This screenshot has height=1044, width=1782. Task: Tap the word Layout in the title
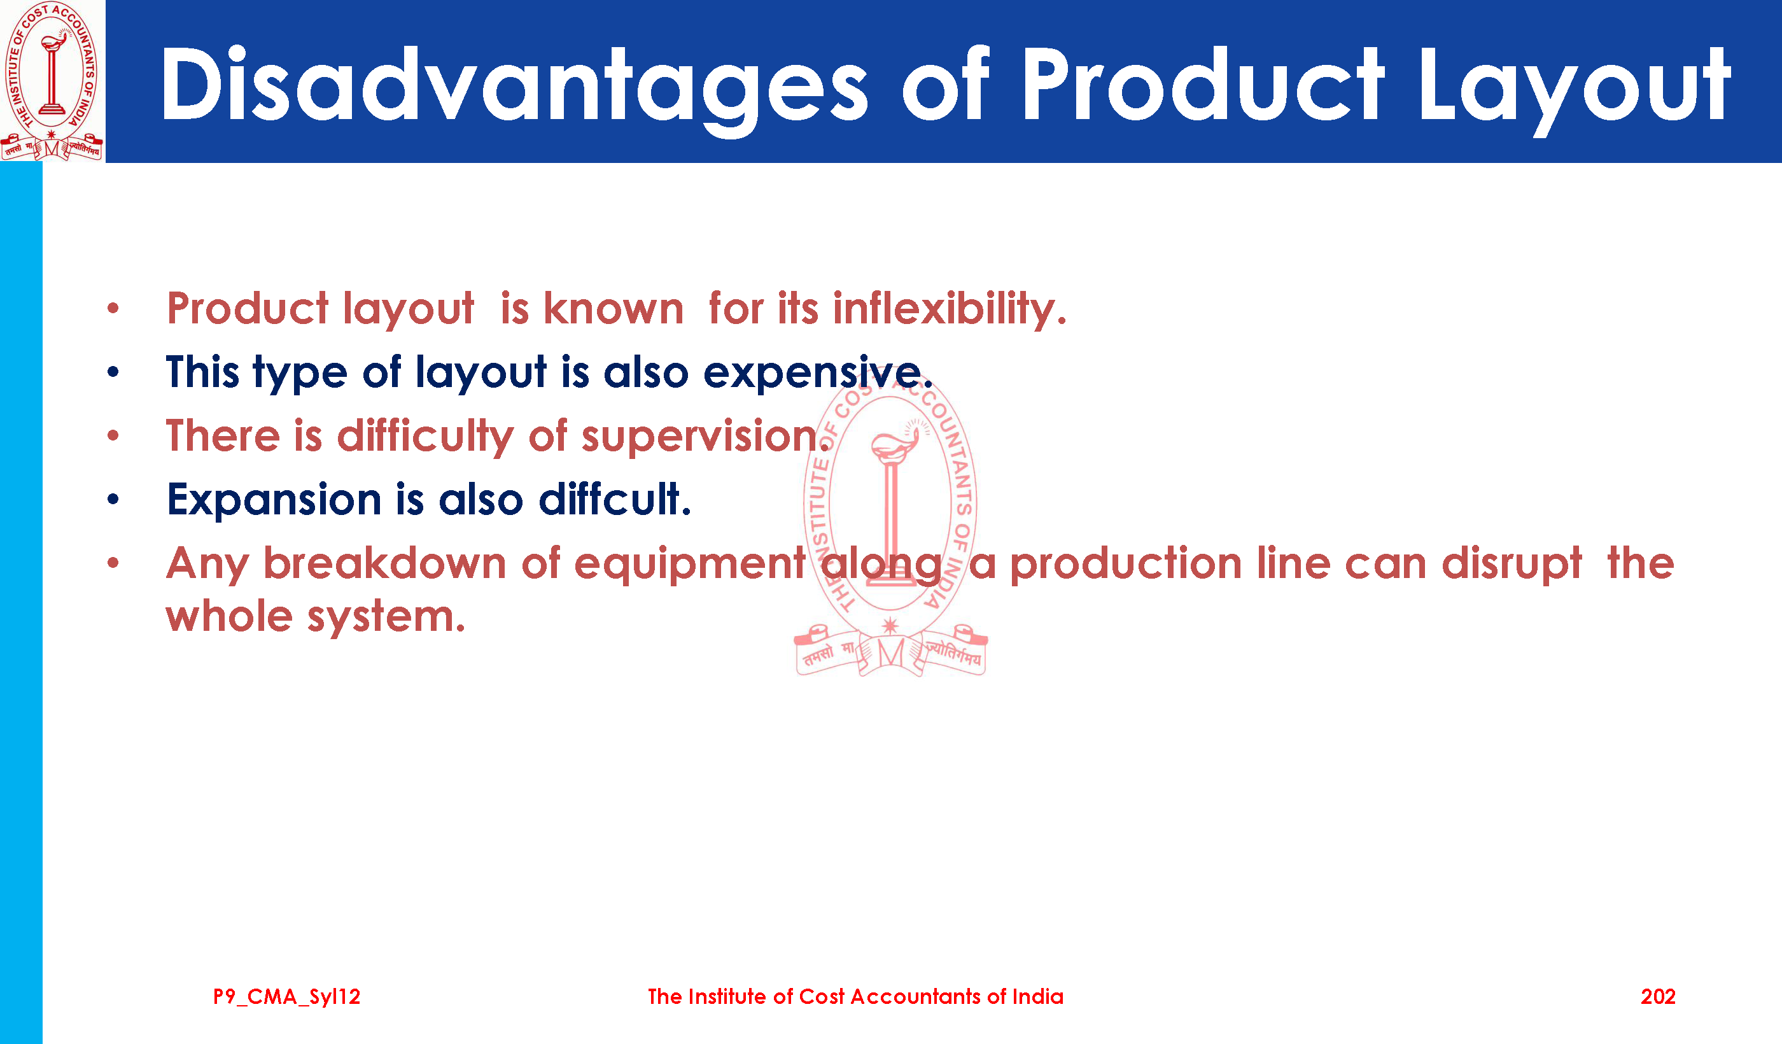pyautogui.click(x=1573, y=88)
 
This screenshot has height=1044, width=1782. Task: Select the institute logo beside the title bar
pyautogui.click(x=52, y=81)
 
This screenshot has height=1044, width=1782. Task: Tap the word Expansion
pyautogui.click(x=274, y=501)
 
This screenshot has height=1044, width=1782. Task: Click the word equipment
pyautogui.click(x=689, y=565)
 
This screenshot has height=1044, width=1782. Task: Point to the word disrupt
pyautogui.click(x=1511, y=565)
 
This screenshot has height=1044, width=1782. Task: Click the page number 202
pyautogui.click(x=1657, y=997)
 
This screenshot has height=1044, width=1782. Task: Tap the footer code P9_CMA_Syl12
pyautogui.click(x=286, y=998)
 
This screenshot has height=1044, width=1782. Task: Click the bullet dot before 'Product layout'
pyautogui.click(x=113, y=308)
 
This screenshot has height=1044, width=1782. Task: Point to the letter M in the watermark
pyautogui.click(x=891, y=654)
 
